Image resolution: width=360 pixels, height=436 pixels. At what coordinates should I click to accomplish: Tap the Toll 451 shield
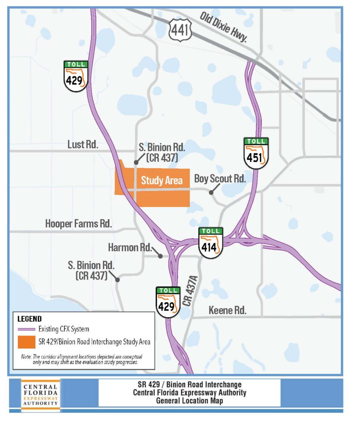pos(257,153)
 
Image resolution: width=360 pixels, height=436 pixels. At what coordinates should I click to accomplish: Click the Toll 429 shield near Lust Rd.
pos(76,76)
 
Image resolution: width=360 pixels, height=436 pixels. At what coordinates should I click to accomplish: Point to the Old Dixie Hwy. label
pos(223,27)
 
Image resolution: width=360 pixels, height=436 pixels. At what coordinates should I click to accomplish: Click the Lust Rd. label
pos(83,145)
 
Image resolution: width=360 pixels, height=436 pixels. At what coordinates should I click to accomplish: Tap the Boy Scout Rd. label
pos(220,178)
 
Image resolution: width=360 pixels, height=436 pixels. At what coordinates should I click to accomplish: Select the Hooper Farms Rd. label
pos(78,224)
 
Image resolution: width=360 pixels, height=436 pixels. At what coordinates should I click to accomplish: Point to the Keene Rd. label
pos(228,310)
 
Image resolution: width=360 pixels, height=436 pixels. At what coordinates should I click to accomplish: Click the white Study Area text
pos(162,181)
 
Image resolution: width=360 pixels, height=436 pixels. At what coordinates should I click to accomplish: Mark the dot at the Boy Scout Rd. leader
pos(211,192)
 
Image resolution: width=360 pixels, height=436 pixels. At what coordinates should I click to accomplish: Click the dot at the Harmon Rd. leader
pos(160,256)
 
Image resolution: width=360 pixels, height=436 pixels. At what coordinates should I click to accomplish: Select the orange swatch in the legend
pos(26,342)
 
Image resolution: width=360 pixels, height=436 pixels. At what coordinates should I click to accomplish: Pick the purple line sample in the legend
pos(26,329)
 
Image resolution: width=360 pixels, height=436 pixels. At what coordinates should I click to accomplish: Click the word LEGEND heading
pos(29,318)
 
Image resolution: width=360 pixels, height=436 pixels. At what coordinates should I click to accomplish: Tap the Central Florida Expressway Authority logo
pos(40,395)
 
